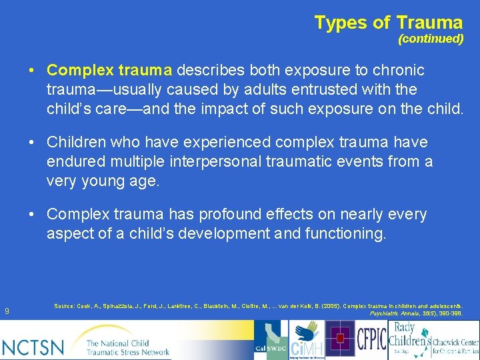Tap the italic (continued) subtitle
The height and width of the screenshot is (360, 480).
point(431,39)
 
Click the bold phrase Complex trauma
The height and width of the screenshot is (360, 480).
point(109,70)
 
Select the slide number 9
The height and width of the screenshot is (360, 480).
point(7,310)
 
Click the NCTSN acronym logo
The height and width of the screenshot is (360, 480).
point(33,347)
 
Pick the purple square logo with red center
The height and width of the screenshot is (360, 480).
point(341,339)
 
